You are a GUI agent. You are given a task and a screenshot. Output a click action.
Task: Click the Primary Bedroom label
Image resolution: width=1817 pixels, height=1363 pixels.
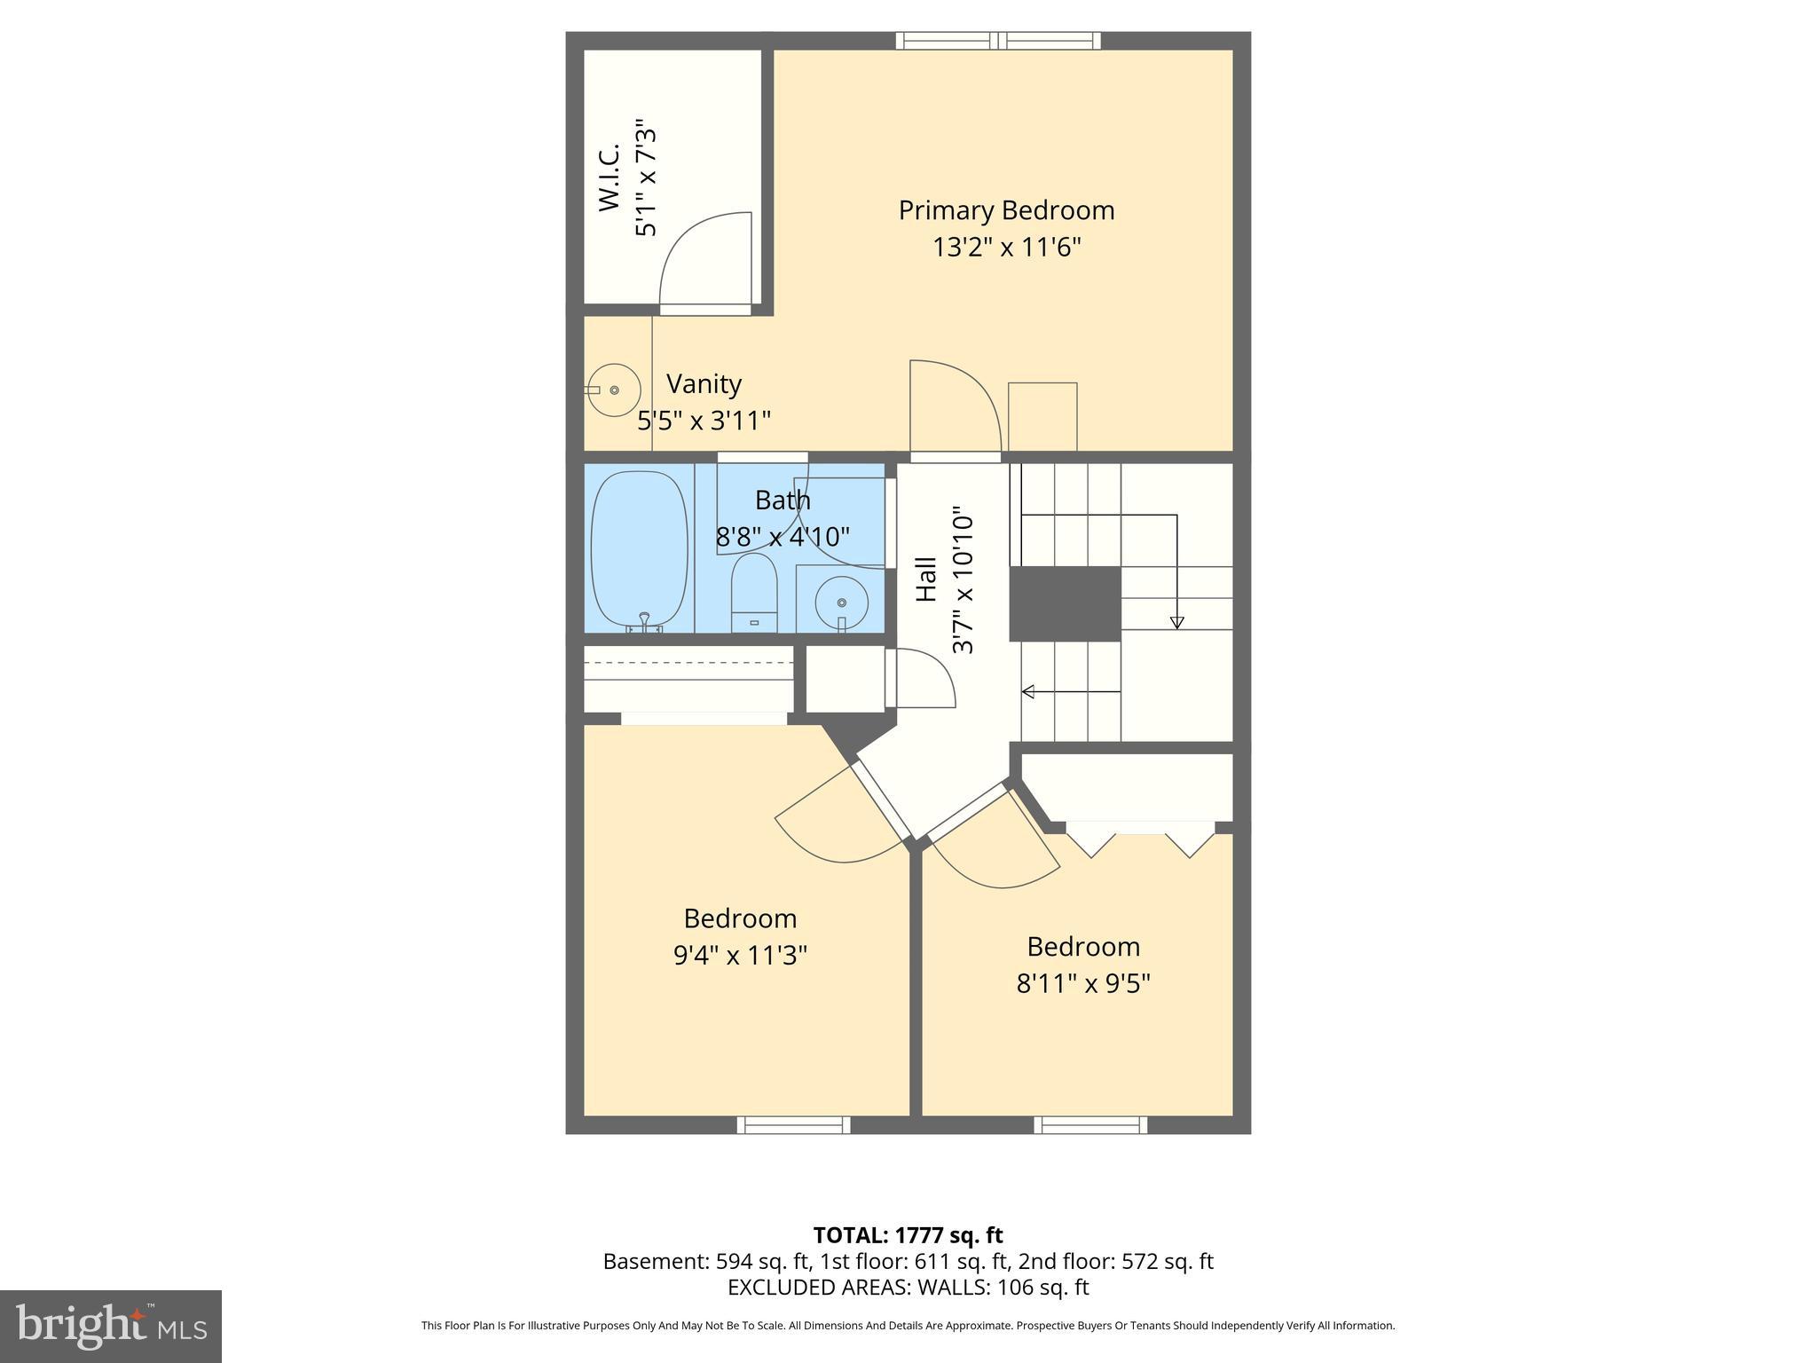(x=1006, y=210)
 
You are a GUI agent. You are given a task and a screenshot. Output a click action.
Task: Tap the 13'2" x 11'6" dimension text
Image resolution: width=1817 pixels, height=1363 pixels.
(x=1006, y=247)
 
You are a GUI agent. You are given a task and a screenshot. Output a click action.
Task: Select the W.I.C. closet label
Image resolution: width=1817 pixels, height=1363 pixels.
(x=609, y=178)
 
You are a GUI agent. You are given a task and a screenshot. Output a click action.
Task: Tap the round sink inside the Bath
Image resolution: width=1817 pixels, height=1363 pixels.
(x=840, y=603)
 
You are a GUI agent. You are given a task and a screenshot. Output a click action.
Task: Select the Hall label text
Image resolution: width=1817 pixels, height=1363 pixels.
(x=926, y=579)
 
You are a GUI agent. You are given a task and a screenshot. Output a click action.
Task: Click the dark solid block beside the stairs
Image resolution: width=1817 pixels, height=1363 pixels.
(x=1065, y=603)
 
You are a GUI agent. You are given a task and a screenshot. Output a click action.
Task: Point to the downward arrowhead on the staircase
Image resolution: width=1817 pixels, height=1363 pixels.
(x=1176, y=623)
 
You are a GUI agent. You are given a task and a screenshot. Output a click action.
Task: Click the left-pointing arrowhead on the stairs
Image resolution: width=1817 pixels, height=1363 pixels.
(x=1028, y=691)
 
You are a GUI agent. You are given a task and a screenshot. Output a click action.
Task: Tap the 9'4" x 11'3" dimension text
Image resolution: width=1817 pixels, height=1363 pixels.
(x=740, y=955)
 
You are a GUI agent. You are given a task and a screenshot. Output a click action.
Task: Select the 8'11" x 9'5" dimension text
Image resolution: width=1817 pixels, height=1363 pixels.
(x=1082, y=983)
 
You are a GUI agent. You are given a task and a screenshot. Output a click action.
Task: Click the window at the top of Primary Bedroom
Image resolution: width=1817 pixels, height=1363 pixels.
(x=998, y=40)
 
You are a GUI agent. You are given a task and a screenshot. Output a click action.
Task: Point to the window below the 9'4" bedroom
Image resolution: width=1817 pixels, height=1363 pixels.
(x=793, y=1125)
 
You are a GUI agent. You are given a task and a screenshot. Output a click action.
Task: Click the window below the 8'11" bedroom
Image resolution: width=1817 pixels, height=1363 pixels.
(x=1090, y=1125)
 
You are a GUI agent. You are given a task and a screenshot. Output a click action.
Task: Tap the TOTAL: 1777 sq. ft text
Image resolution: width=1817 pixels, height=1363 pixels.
(x=908, y=1235)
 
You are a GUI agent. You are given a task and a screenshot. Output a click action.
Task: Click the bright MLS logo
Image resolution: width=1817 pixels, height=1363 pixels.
(x=110, y=1326)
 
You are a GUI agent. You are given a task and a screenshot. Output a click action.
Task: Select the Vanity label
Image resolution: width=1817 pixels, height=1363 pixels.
(x=704, y=383)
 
